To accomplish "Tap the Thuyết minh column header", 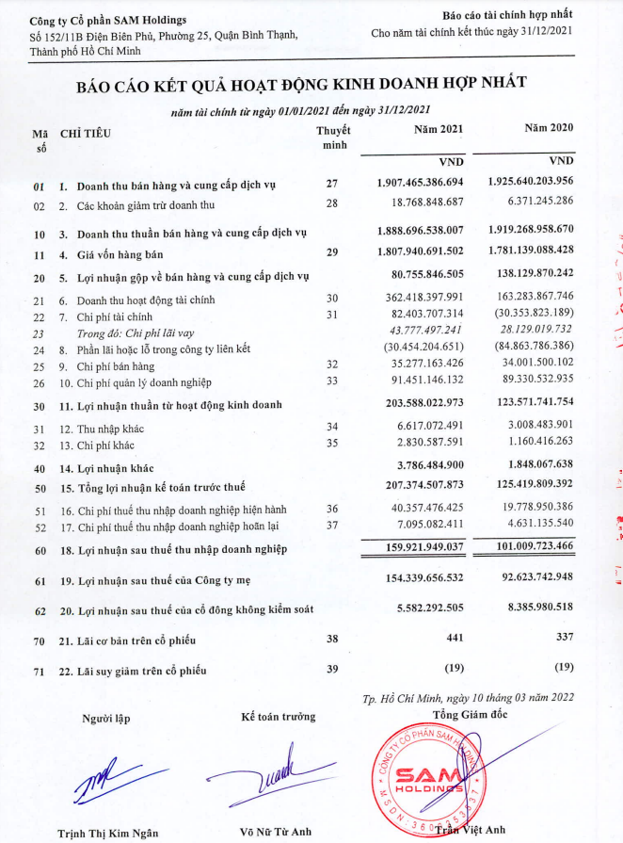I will pyautogui.click(x=332, y=137).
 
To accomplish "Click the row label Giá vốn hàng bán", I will pyautogui.click(x=122, y=254).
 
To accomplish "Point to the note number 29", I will pyautogui.click(x=331, y=253).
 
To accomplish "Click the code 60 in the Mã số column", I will pyautogui.click(x=39, y=549).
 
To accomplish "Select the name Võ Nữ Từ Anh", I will pyautogui.click(x=277, y=833).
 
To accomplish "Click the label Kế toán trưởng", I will pyautogui.click(x=278, y=718).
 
